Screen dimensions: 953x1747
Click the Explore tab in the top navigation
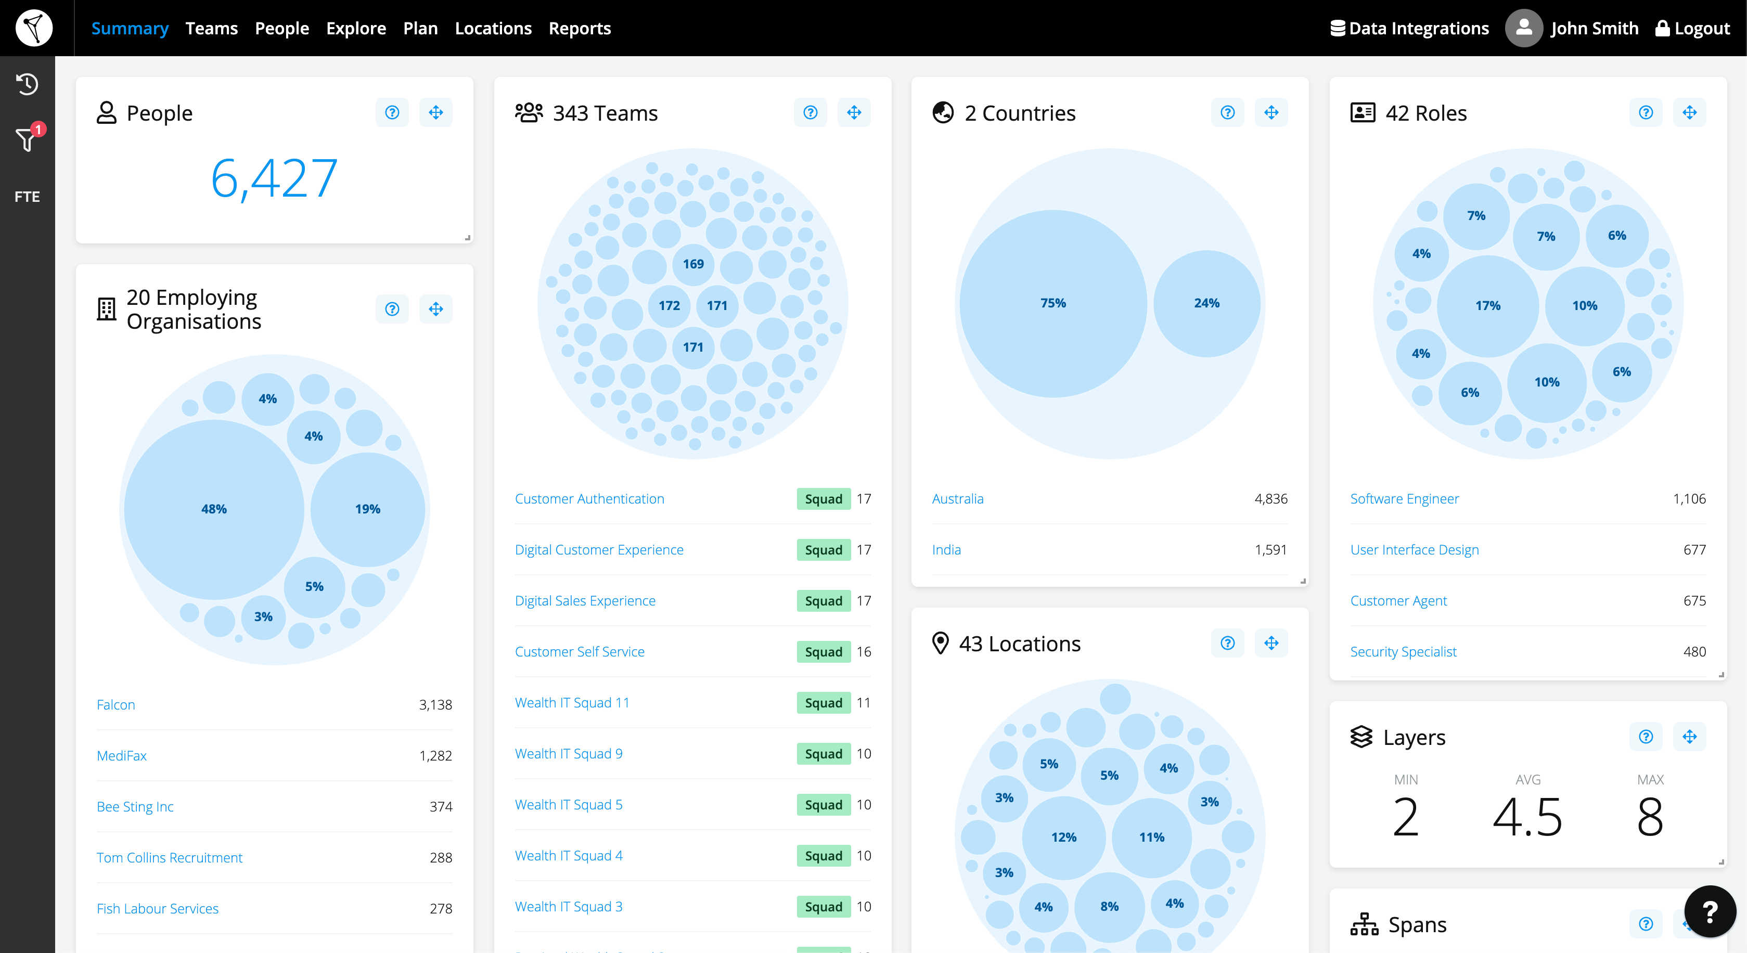pyautogui.click(x=355, y=29)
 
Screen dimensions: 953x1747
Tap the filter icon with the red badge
pyautogui.click(x=27, y=138)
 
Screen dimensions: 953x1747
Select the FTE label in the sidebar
pyautogui.click(x=27, y=197)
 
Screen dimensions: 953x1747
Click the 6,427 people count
pyautogui.click(x=274, y=178)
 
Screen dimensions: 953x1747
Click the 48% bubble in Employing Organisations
pyautogui.click(x=214, y=509)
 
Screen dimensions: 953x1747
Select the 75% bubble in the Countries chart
pyautogui.click(x=1052, y=303)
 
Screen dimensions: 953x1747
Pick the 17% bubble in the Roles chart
pyautogui.click(x=1487, y=306)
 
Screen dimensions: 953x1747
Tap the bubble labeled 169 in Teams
pyautogui.click(x=692, y=264)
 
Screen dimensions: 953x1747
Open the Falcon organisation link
pyautogui.click(x=116, y=705)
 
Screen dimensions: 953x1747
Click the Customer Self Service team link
pyautogui.click(x=579, y=652)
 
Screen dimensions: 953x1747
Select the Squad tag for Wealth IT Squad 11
pyautogui.click(x=823, y=703)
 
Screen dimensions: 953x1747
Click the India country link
pyautogui.click(x=946, y=550)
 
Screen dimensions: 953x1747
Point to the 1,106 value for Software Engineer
pyautogui.click(x=1689, y=499)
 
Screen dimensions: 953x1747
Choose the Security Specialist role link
pyautogui.click(x=1403, y=652)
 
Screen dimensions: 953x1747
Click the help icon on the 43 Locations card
pyautogui.click(x=1227, y=643)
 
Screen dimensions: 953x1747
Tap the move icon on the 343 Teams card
pyautogui.click(x=854, y=112)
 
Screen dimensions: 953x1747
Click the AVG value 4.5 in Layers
pyautogui.click(x=1527, y=817)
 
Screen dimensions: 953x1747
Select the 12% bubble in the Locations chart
pyautogui.click(x=1063, y=837)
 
